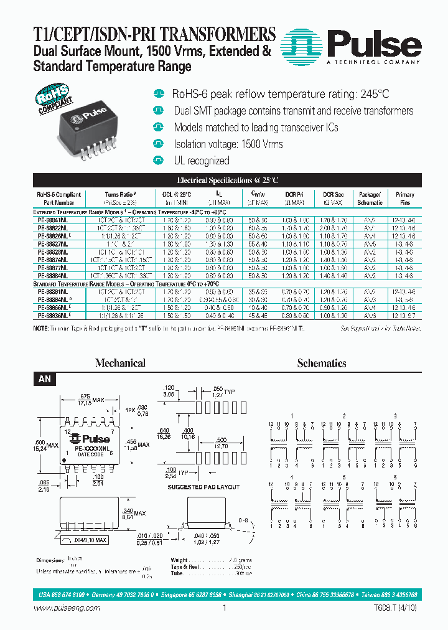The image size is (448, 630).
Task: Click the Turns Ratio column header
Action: (x=120, y=198)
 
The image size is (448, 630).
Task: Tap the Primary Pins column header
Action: (x=404, y=198)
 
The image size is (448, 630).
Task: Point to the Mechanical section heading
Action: (x=120, y=363)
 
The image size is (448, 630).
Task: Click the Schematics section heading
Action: (x=322, y=363)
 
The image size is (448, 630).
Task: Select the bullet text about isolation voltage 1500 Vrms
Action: (x=228, y=144)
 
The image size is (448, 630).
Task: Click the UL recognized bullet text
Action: (x=201, y=161)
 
